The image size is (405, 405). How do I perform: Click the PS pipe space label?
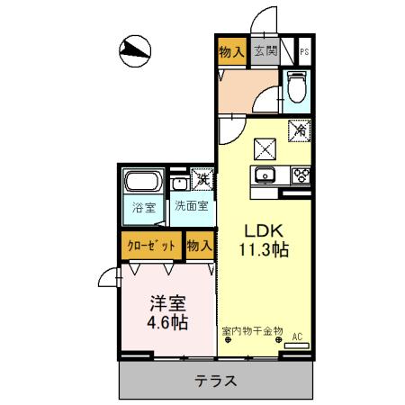coord(305,52)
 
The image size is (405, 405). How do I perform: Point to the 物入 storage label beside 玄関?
coord(231,52)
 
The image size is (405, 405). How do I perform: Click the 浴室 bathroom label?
coord(142,205)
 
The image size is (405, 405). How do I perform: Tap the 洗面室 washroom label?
coord(191,206)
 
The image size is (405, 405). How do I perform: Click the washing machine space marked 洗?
coord(202,180)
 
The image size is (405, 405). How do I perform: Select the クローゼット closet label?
coord(149,245)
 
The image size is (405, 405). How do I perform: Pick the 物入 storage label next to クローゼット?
coord(199,245)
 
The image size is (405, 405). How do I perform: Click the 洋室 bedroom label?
coord(164,302)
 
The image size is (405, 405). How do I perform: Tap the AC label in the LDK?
coord(296,337)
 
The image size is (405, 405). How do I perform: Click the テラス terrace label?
coord(216,381)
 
